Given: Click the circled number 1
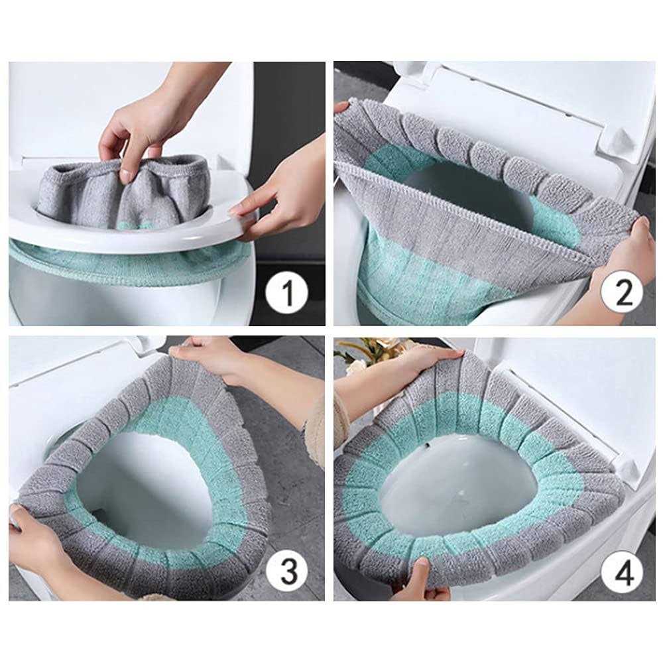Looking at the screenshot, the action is tap(286, 291).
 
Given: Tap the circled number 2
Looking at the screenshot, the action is tap(622, 291).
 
